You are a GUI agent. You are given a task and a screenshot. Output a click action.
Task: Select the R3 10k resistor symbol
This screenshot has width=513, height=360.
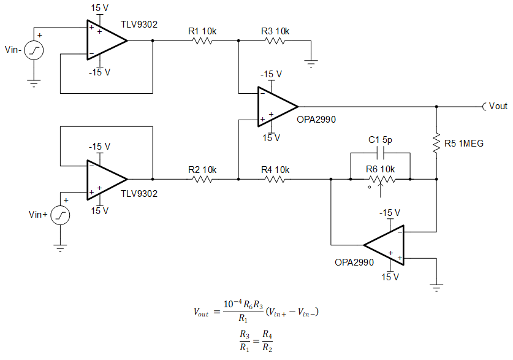[275, 42]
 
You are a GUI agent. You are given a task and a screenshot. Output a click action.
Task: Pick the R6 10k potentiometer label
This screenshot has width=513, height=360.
[381, 169]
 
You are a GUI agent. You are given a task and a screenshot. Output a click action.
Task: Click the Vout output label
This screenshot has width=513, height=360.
[498, 106]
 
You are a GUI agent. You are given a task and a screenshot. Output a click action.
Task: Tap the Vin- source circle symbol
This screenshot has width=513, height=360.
[34, 51]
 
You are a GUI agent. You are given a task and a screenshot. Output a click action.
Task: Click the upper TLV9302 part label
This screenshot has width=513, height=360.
[139, 25]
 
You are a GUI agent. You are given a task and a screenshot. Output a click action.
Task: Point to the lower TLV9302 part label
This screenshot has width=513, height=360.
[139, 194]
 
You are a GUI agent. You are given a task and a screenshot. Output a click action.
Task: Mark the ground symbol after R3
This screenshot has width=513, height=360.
[311, 61]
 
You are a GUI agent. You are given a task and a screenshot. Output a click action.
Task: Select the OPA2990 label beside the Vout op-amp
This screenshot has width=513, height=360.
[316, 120]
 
